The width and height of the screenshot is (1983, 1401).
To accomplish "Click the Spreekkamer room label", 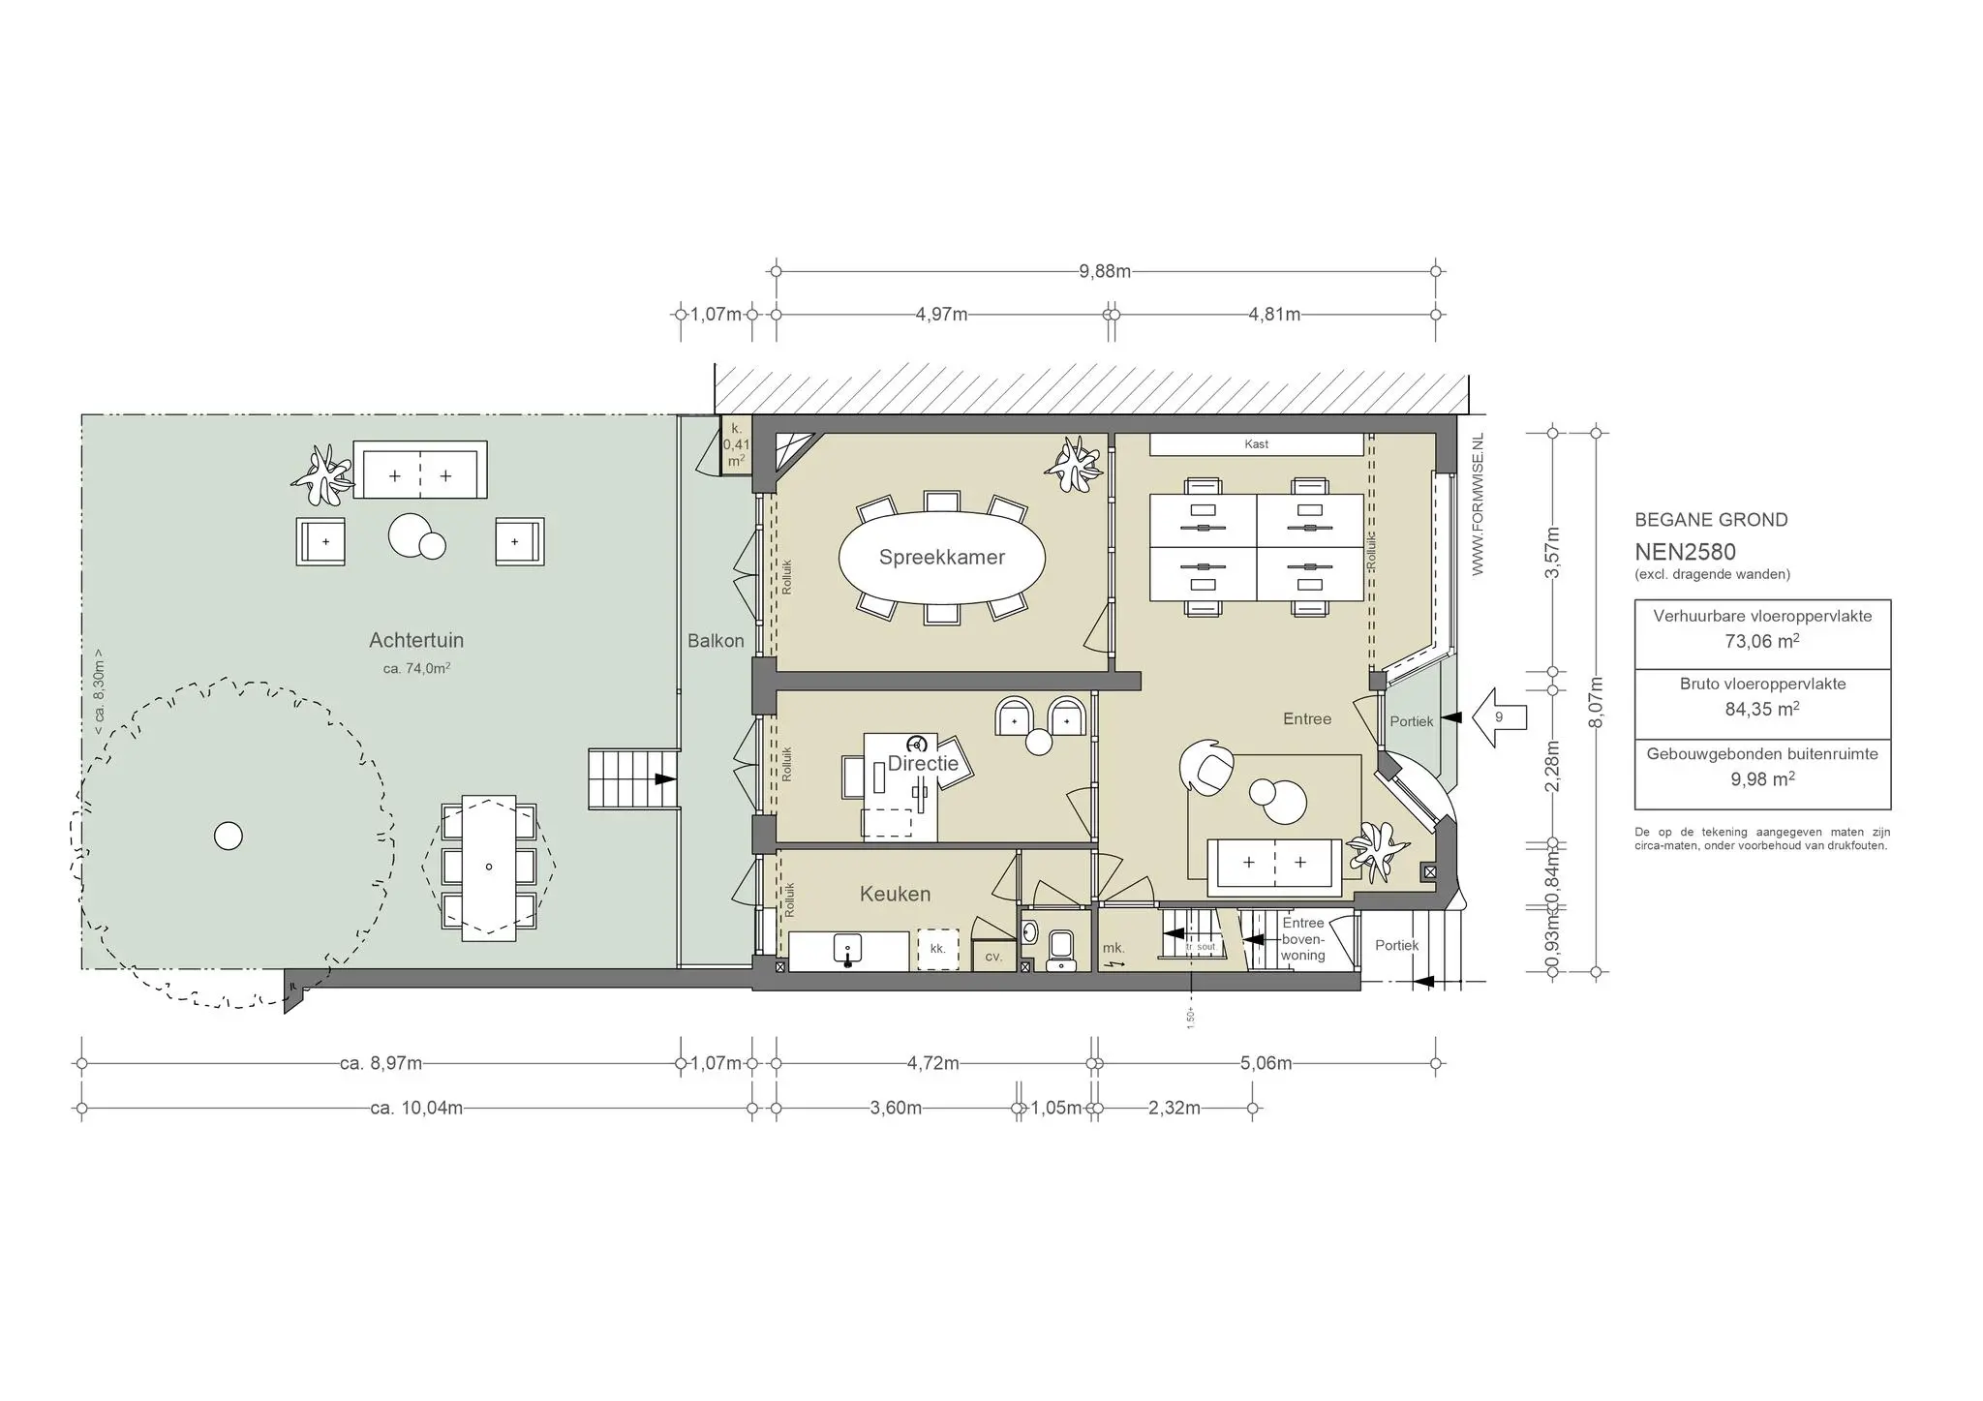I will tap(941, 558).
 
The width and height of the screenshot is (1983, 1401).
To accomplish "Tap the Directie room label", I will tap(923, 764).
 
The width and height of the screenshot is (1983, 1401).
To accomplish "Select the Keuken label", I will tap(895, 895).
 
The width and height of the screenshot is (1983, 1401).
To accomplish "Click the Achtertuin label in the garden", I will tap(416, 641).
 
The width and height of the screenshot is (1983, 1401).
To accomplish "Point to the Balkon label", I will tap(716, 641).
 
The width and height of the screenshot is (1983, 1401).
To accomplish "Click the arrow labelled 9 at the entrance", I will tap(1500, 717).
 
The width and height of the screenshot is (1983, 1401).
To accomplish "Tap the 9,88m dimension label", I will tap(1105, 272).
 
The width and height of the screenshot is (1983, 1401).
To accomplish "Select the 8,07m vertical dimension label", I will tap(1597, 703).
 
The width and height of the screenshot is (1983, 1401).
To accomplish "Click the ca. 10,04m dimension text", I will tap(416, 1109).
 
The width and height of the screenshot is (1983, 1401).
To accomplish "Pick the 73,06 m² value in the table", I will tap(1761, 641).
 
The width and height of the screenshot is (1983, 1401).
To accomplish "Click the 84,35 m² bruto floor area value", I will tap(1761, 709).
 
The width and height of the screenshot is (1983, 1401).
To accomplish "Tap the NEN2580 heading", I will tap(1685, 553).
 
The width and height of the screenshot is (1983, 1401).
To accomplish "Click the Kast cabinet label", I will tap(1256, 444).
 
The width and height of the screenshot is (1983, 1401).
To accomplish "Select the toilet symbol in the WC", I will tap(1061, 948).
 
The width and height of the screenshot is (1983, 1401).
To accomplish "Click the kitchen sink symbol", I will tap(848, 951).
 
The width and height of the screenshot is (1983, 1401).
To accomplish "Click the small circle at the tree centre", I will tap(229, 836).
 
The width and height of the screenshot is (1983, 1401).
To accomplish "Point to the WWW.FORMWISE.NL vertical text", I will tap(1478, 504).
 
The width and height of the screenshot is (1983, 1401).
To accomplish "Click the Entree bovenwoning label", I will tap(1302, 939).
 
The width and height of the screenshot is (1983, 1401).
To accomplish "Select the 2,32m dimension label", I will tap(1174, 1109).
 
